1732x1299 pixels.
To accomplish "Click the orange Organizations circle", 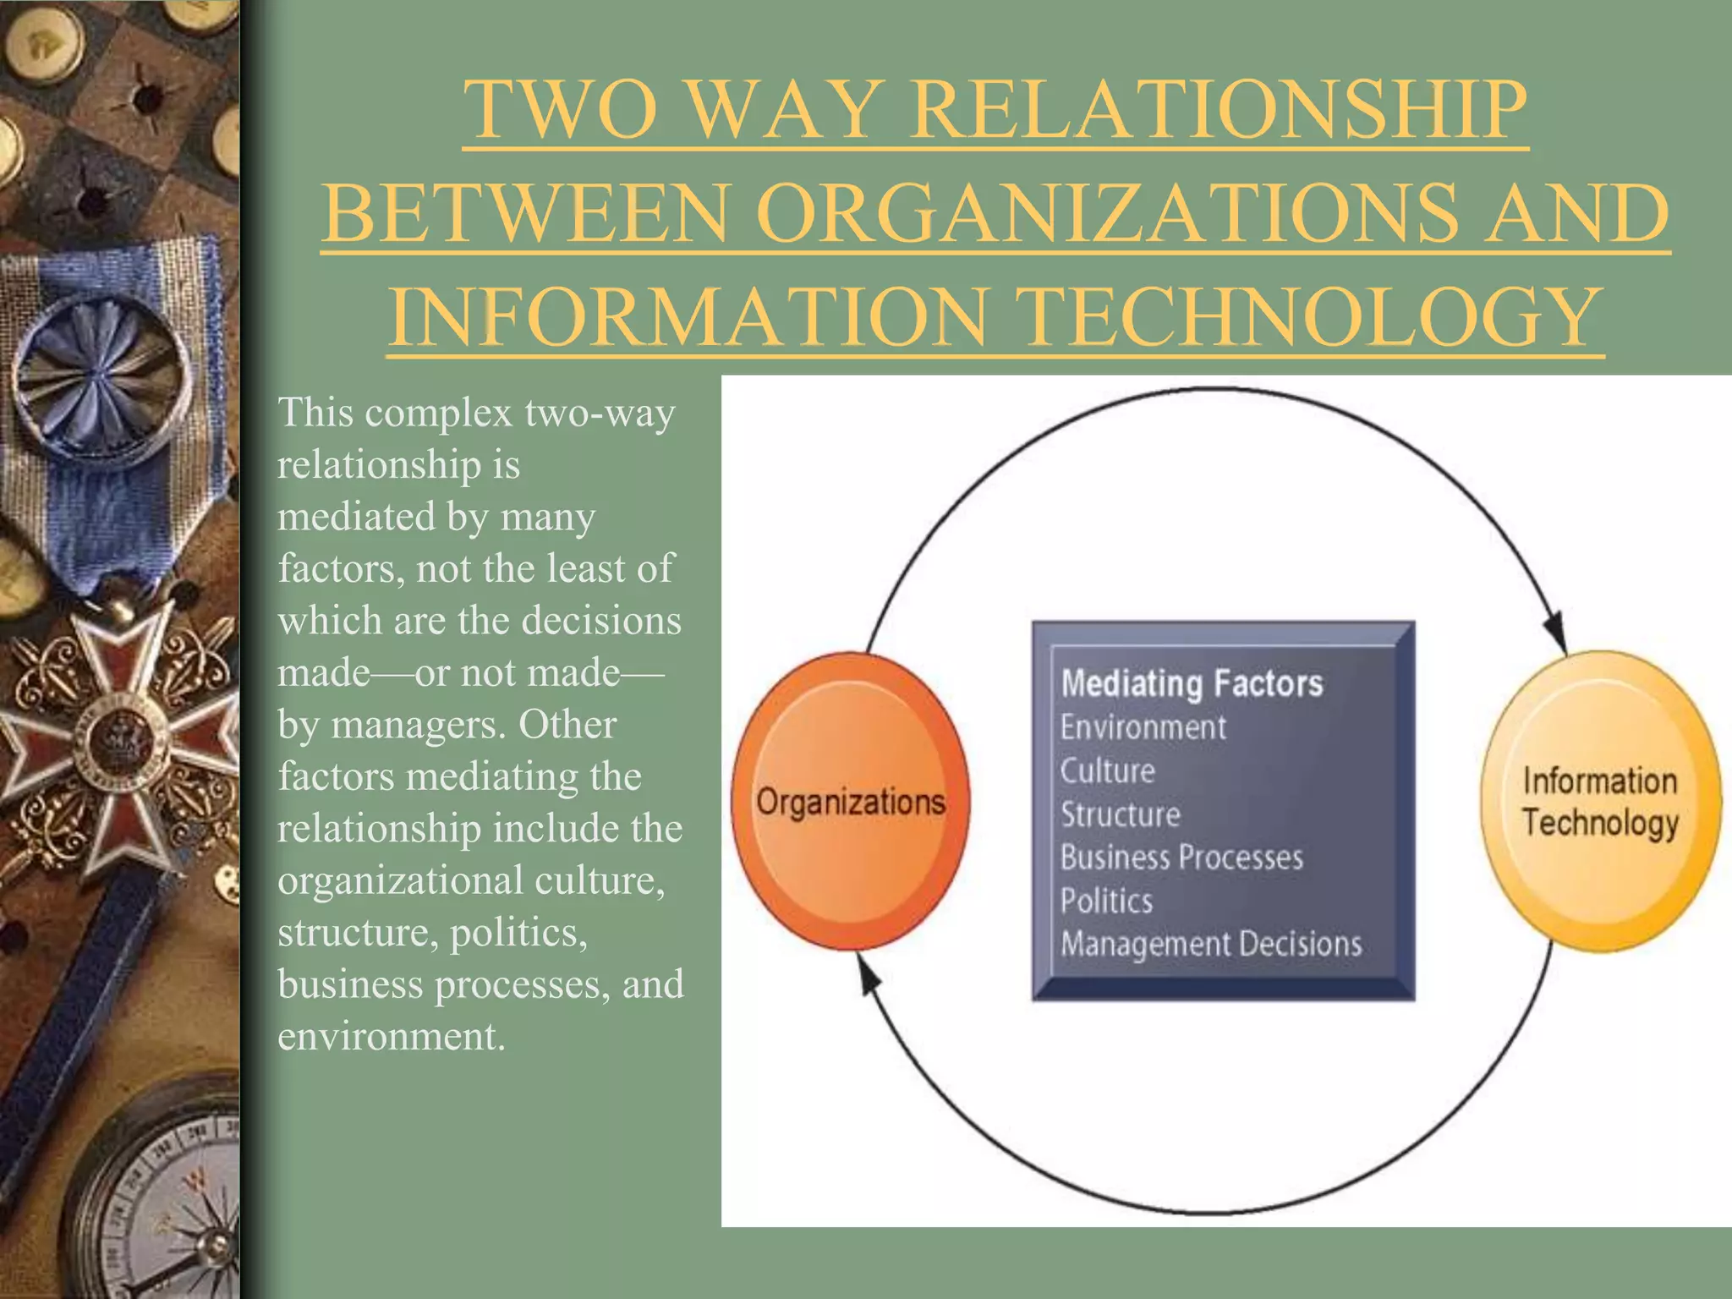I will (850, 801).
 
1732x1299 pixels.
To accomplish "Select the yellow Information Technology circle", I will (1600, 801).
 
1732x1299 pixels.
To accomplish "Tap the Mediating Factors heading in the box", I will (1192, 683).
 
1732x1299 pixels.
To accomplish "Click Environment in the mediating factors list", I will (1143, 727).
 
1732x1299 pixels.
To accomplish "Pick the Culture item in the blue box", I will (1107, 770).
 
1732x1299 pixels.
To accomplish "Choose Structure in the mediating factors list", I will (1120, 814).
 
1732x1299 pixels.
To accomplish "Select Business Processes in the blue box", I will (1181, 858).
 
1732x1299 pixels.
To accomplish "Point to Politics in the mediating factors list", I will (1106, 901).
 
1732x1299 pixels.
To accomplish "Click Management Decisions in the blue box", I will (1211, 944).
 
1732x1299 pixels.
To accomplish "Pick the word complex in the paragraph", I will (439, 413).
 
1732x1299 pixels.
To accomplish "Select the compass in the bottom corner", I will (165, 1201).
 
